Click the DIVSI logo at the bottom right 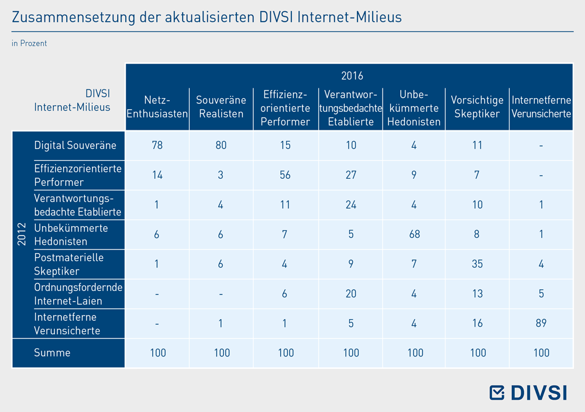click(528, 393)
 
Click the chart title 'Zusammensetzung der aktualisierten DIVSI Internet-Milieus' click(207, 17)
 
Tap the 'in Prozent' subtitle click(29, 43)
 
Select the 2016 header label click(352, 76)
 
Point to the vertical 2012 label click(22, 234)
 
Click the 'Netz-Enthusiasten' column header click(157, 106)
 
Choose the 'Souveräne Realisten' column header click(221, 106)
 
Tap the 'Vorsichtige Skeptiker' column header click(477, 106)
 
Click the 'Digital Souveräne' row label click(75, 145)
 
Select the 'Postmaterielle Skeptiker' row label click(68, 264)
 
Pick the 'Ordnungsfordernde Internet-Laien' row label click(78, 294)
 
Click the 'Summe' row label click(52, 353)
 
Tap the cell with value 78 click(157, 145)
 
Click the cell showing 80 click(221, 145)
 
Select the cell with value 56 click(285, 175)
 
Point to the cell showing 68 click(414, 234)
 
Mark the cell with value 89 click(541, 323)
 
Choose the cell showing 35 click(477, 264)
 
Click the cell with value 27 click(350, 175)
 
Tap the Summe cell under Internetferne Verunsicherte click(541, 353)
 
